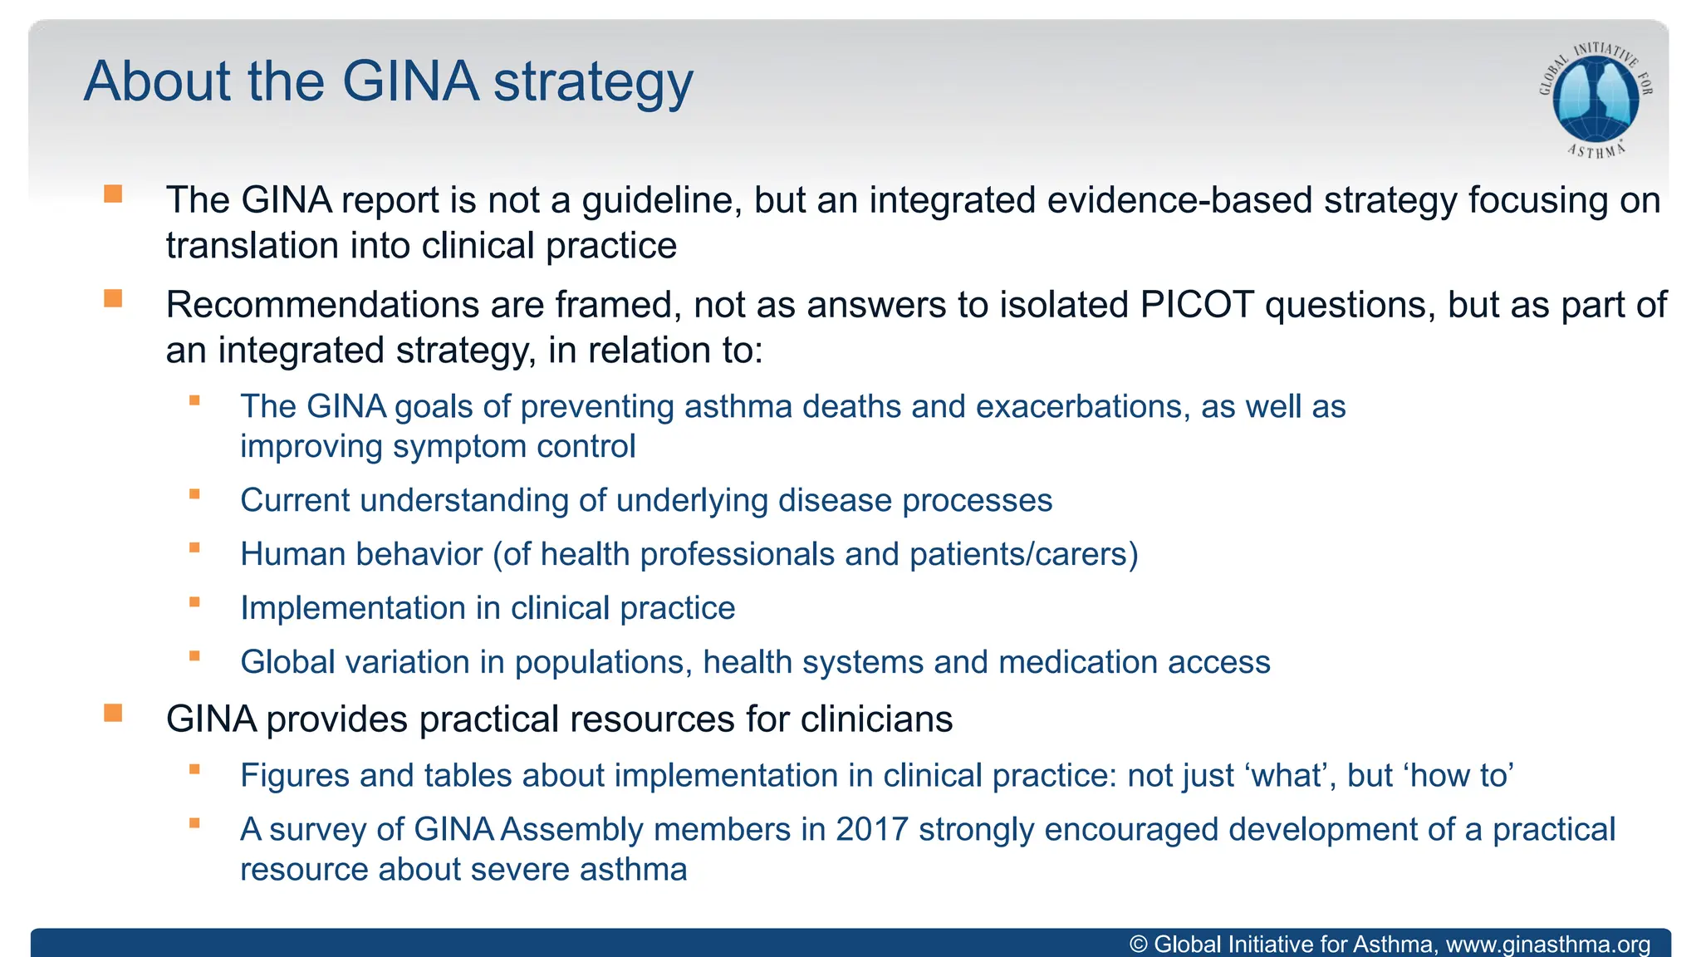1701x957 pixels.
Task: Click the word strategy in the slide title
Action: (593, 82)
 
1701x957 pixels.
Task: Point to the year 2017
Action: (871, 829)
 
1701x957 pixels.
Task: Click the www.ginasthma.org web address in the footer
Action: (1548, 945)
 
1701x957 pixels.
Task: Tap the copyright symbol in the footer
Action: (1139, 945)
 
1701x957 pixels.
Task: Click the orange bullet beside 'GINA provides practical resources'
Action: (113, 713)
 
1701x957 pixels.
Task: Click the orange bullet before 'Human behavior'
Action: (194, 548)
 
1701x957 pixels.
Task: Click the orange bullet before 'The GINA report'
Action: (113, 194)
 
